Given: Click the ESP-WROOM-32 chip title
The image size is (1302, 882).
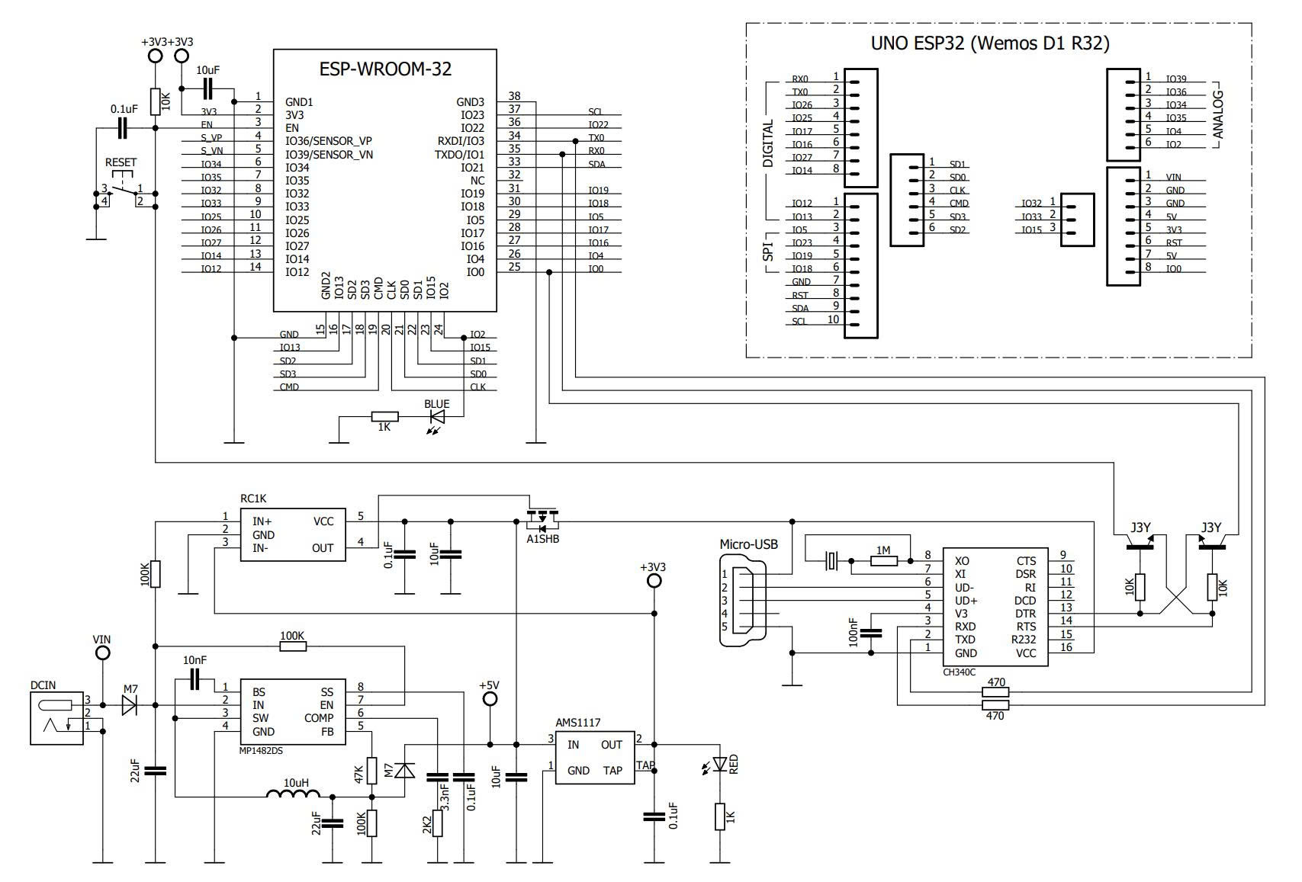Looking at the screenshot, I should pos(384,69).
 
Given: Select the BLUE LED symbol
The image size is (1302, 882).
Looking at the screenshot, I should pos(438,416).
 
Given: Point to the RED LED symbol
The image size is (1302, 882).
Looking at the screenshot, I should pos(719,764).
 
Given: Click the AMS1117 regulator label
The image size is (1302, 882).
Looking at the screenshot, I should pos(577,722).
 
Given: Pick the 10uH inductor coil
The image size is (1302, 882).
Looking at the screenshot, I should pos(293,795).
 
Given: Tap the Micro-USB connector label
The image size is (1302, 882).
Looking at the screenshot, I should pos(748,544).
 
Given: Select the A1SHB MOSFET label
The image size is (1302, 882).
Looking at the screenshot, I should pos(542,539).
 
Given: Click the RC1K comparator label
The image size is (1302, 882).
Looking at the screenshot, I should pos(253,499).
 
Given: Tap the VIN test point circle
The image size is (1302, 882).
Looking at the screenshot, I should pos(101,653).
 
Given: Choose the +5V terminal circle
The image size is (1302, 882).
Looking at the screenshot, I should pos(490,699).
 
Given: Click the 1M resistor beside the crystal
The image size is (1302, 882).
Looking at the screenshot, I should pos(883,561).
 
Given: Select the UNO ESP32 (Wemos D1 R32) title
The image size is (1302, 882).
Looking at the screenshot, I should pos(989,44).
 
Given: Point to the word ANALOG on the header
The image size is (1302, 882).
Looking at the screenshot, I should pos(1218,114).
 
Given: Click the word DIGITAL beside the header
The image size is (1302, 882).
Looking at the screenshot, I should pos(768,143).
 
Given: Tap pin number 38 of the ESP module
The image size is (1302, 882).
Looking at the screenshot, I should pos(514,96).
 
